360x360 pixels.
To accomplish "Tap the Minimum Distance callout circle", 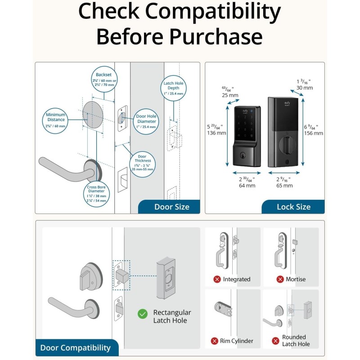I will pyautogui.click(x=56, y=120).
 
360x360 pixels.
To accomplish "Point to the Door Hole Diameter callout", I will pyautogui.click(x=146, y=121).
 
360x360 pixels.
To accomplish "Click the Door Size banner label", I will pyautogui.click(x=171, y=207).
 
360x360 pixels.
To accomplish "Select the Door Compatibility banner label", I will pyautogui.click(x=75, y=347).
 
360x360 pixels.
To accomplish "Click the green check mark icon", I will pyautogui.click(x=143, y=314).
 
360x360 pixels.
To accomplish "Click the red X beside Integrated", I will pyautogui.click(x=217, y=279).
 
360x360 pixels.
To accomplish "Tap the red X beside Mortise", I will pyautogui.click(x=280, y=279).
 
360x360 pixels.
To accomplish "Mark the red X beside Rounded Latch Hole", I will pyautogui.click(x=275, y=341).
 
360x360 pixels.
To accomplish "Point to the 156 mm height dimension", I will pyautogui.click(x=314, y=130).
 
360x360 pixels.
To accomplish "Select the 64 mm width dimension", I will pyautogui.click(x=247, y=182).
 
